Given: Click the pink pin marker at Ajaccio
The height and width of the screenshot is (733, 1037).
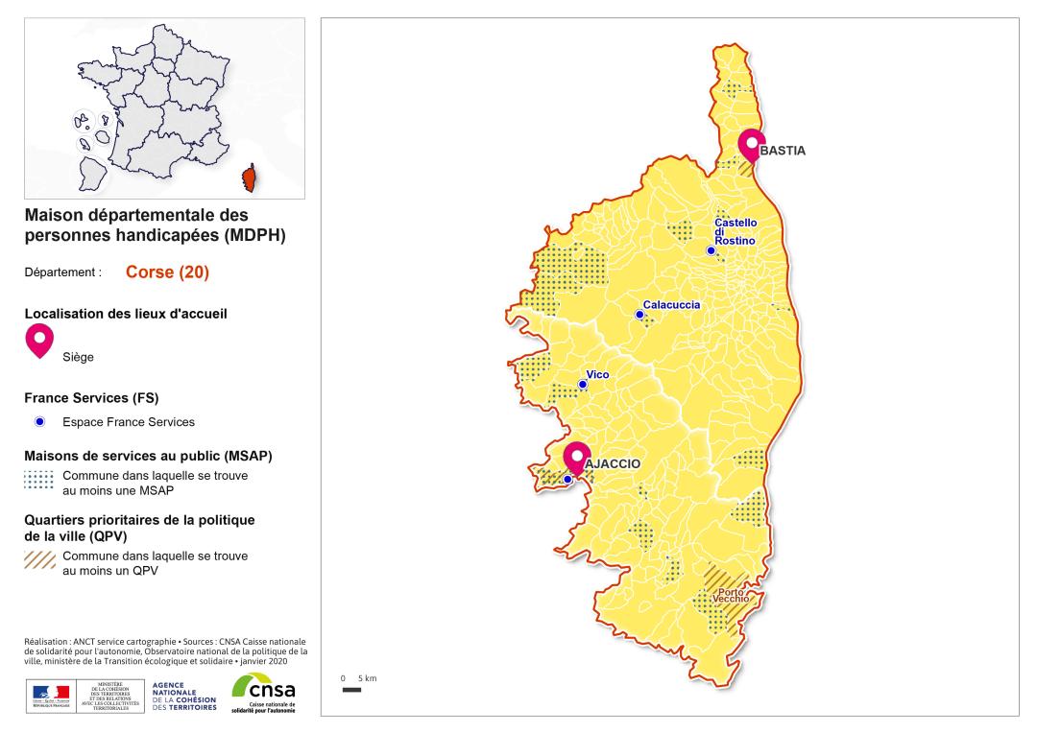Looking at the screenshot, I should [576, 456].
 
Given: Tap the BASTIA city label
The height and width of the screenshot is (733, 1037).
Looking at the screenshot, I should [782, 152].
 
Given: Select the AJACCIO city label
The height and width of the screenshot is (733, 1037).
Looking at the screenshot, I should [612, 462].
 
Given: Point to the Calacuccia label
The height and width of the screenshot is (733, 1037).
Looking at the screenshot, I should [671, 305].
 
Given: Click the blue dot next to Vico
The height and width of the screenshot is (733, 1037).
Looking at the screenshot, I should [582, 384].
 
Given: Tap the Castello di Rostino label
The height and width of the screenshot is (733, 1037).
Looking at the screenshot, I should [736, 231].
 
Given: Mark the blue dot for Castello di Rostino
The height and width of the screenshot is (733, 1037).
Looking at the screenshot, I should [711, 250].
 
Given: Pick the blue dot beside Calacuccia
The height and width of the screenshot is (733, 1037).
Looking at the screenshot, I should [639, 314].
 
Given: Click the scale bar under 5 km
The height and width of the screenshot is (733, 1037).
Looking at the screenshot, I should [351, 689].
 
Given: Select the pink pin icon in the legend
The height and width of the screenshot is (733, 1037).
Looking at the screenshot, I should [39, 339].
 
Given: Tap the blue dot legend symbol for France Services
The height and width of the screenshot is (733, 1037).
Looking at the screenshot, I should [39, 422].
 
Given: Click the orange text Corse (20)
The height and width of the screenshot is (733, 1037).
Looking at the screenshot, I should [167, 272].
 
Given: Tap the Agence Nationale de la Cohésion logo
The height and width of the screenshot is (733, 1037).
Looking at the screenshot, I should [184, 693].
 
